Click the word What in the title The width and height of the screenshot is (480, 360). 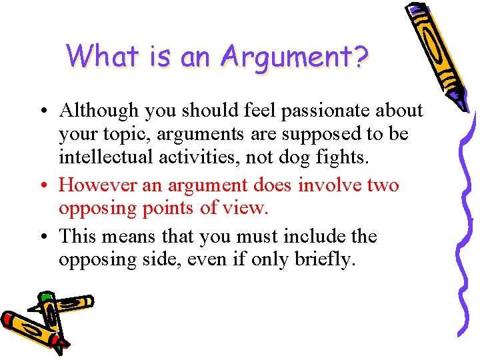[101, 56]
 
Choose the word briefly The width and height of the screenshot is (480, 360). [328, 260]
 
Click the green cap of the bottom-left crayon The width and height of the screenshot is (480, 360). [45, 297]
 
